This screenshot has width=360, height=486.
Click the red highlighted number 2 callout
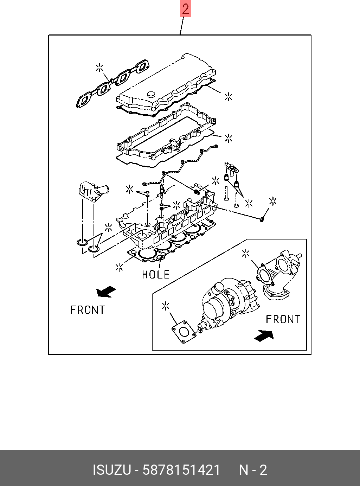pyautogui.click(x=185, y=9)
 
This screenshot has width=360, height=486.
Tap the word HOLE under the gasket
pyautogui.click(x=156, y=274)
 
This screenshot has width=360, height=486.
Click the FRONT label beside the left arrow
pyautogui.click(x=88, y=310)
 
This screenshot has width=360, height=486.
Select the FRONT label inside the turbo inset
pyautogui.click(x=283, y=319)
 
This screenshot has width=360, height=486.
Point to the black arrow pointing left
pyautogui.click(x=106, y=291)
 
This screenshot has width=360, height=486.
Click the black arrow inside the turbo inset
pyautogui.click(x=264, y=335)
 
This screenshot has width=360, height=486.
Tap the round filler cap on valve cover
pyautogui.click(x=152, y=94)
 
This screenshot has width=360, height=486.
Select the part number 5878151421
pyautogui.click(x=181, y=470)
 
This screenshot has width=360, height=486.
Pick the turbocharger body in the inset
pyautogui.click(x=225, y=302)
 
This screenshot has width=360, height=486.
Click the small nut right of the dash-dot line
pyautogui.click(x=263, y=220)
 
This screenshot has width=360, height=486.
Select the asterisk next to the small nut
pyautogui.click(x=272, y=202)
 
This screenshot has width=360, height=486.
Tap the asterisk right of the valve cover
pyautogui.click(x=229, y=97)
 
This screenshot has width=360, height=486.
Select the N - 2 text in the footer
pyautogui.click(x=253, y=470)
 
